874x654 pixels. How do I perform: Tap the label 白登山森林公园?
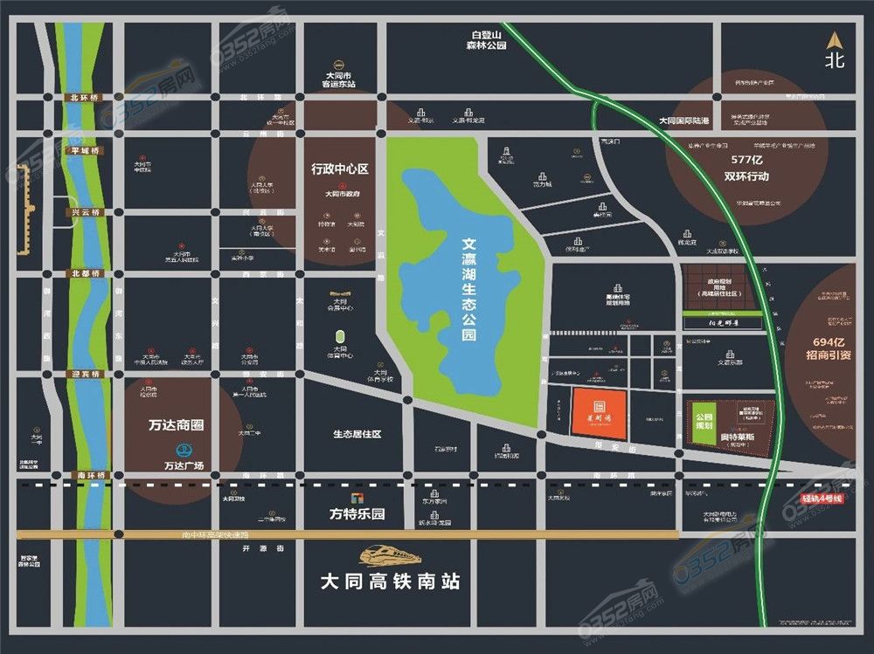pyautogui.click(x=488, y=38)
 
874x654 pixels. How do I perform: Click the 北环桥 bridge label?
pyautogui.click(x=87, y=98)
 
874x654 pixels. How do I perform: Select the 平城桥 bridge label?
pyautogui.click(x=87, y=150)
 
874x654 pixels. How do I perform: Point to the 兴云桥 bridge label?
pyautogui.click(x=87, y=212)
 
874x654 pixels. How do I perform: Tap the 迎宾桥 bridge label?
pyautogui.click(x=87, y=374)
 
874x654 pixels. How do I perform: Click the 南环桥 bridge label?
pyautogui.click(x=87, y=475)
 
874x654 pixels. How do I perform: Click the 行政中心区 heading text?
pyautogui.click(x=341, y=168)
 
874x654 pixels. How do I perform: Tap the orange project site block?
pyautogui.click(x=600, y=412)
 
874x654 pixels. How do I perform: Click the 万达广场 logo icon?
pyautogui.click(x=184, y=451)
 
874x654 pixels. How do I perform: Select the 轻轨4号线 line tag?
pyautogui.click(x=821, y=499)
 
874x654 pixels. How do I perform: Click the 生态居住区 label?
pyautogui.click(x=357, y=434)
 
